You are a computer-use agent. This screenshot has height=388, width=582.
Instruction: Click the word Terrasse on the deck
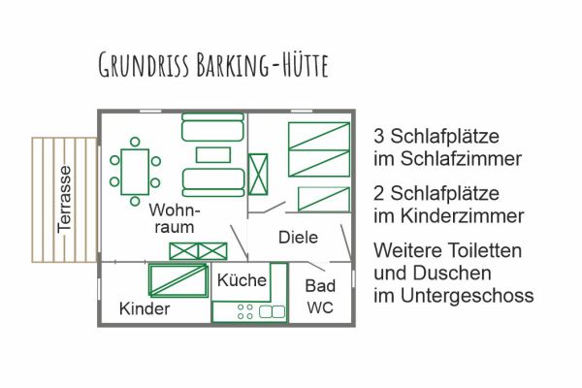pyautogui.click(x=65, y=199)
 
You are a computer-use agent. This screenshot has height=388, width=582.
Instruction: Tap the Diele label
pyautogui.click(x=298, y=237)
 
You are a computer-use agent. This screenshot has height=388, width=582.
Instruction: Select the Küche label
pyautogui.click(x=242, y=280)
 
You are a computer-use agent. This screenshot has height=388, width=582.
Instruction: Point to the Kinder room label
pyautogui.click(x=145, y=309)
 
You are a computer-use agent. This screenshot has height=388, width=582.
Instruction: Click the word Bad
pyautogui.click(x=320, y=286)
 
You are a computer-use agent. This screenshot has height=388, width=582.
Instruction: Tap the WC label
pyautogui.click(x=320, y=308)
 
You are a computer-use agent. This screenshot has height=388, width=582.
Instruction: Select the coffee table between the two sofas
pyautogui.click(x=212, y=154)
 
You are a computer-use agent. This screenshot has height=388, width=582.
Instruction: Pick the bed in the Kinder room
pyautogui.click(x=178, y=280)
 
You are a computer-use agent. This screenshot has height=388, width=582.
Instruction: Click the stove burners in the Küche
pyautogui.click(x=243, y=311)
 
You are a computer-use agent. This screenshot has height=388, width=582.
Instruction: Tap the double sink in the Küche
pyautogui.click(x=272, y=311)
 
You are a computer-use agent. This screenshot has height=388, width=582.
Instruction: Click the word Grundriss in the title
pyautogui.click(x=145, y=65)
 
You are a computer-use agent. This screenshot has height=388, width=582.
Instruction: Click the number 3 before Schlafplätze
pyautogui.click(x=378, y=134)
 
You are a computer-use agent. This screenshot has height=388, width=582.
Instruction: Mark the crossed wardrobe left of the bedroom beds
pyautogui.click(x=259, y=176)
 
